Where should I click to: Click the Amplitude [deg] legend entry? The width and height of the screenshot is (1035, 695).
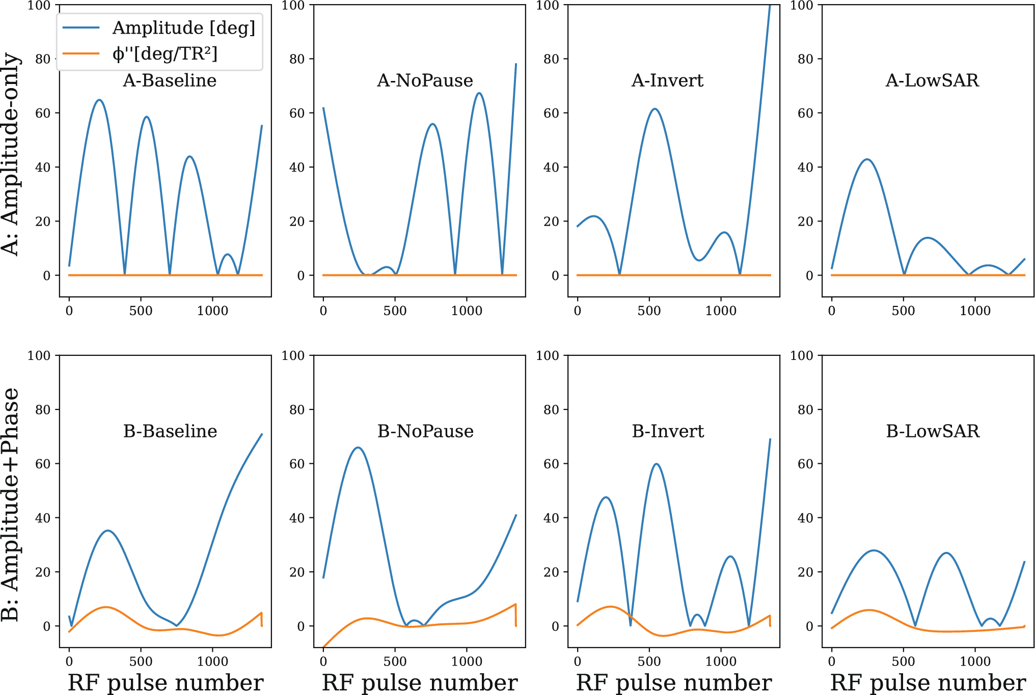pos(183,27)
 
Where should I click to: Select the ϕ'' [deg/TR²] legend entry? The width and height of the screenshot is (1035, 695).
pos(165,53)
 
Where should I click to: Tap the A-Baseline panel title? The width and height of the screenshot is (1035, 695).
pos(170,80)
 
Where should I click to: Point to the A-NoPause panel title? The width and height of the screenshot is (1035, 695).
pos(425,80)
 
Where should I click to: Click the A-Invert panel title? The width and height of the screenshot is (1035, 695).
pos(667,80)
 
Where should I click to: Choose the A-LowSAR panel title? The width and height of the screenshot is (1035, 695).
pos(932,80)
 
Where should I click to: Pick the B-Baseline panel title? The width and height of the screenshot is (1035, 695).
pos(170,431)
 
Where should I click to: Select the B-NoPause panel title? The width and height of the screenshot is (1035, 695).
pos(425,431)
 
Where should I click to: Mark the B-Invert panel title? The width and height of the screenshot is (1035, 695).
pos(668,431)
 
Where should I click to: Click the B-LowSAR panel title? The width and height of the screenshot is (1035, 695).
pos(933,431)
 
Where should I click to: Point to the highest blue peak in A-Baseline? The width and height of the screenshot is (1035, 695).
pos(99,100)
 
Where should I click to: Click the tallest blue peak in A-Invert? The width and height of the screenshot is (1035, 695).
pos(655,109)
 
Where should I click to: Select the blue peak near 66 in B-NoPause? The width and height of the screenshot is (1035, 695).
pos(358,448)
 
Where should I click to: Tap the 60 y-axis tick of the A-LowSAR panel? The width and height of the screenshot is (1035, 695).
pos(805,113)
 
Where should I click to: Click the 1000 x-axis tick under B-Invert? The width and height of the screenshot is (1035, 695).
pos(721,661)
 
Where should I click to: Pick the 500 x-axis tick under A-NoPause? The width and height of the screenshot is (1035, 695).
pos(395,311)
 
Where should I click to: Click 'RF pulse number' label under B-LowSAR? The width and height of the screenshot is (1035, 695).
pos(928,683)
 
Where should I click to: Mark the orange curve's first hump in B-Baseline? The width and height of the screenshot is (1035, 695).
pos(106,607)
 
